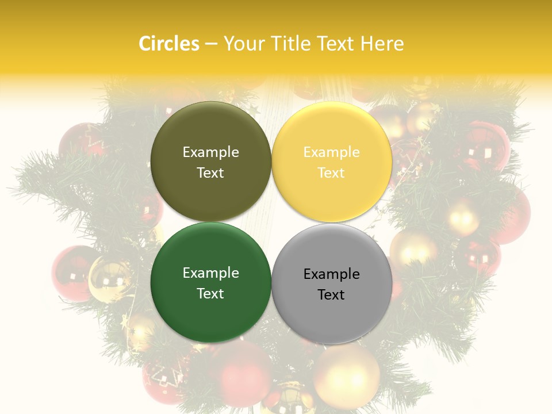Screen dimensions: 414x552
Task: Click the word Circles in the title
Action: [x=168, y=44]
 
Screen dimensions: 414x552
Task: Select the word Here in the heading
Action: [x=382, y=44]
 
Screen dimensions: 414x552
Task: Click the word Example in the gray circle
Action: [x=332, y=274]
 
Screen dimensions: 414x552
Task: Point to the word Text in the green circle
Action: [x=210, y=294]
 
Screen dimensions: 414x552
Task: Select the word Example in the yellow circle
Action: [x=332, y=152]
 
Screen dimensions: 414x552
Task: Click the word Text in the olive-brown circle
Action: [x=210, y=173]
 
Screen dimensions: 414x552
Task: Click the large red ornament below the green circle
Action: [x=245, y=374]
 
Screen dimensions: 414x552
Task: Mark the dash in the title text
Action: [x=211, y=44]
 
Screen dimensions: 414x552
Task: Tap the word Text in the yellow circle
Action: [x=331, y=173]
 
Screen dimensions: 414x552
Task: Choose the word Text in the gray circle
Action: [x=331, y=295]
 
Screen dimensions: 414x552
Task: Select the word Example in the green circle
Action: [x=211, y=273]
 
